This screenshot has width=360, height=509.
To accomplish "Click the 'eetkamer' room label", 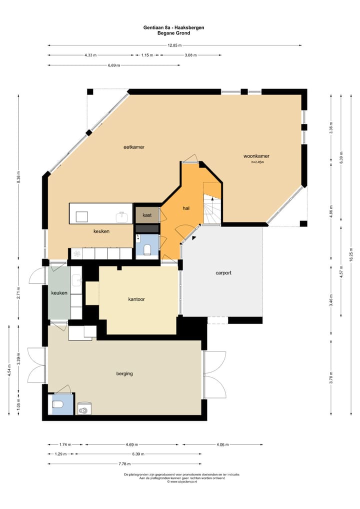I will point(134,147).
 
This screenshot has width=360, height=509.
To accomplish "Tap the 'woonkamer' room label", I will point(256,155).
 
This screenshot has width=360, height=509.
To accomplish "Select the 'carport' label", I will point(223,273).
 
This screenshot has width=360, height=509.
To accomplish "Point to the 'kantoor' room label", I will point(136,299).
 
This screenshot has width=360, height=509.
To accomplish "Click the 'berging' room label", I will point(124,373).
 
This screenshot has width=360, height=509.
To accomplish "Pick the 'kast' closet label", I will point(147,215).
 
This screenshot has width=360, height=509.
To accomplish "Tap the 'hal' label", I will point(186,208).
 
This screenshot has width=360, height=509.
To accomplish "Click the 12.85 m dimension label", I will point(174,45).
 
